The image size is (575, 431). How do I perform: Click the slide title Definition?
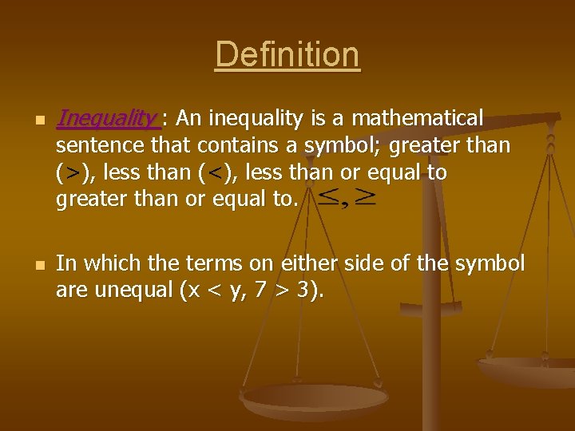point(287,55)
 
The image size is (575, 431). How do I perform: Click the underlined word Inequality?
point(107,119)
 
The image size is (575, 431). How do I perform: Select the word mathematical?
point(418,119)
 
